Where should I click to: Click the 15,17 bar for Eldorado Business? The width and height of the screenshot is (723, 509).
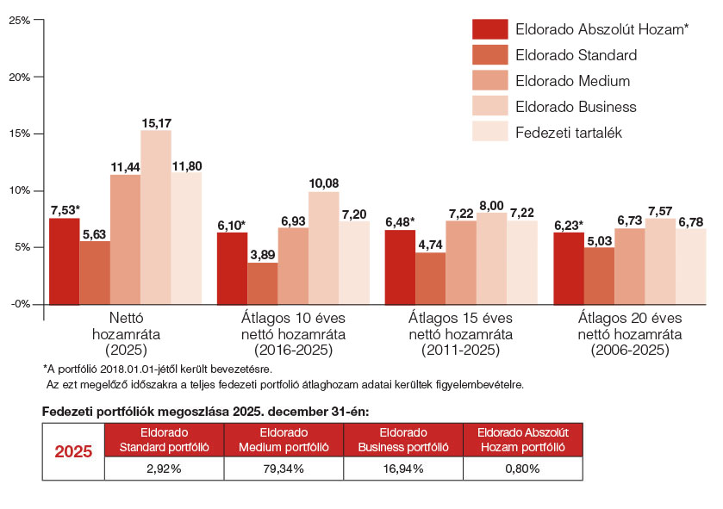tap(156, 217)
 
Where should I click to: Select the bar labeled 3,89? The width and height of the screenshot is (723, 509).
tap(263, 283)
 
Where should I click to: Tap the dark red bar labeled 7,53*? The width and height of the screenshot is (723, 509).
tap(65, 261)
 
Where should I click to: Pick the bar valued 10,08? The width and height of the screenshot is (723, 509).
tap(324, 248)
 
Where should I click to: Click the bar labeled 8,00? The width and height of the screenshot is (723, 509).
tap(491, 258)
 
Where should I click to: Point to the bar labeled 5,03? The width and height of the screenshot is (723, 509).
tap(599, 276)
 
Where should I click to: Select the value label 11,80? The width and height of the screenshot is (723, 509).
tap(187, 166)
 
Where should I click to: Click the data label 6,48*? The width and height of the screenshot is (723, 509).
tap(400, 222)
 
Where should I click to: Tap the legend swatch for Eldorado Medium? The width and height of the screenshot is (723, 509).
tap(490, 80)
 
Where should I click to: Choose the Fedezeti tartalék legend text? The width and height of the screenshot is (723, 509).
tap(569, 133)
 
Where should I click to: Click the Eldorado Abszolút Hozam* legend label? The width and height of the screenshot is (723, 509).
tap(601, 29)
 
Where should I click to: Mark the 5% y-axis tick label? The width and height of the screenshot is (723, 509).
tap(22, 247)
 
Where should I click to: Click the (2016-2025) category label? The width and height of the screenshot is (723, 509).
tap(293, 350)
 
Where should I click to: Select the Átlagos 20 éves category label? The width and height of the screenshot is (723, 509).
tap(630, 318)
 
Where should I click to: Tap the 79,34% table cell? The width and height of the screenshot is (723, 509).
tap(284, 469)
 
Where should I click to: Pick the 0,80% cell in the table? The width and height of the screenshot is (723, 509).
tap(522, 469)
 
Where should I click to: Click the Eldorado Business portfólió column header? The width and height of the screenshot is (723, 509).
tap(403, 440)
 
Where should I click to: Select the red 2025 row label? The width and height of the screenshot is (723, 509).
tap(73, 451)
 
